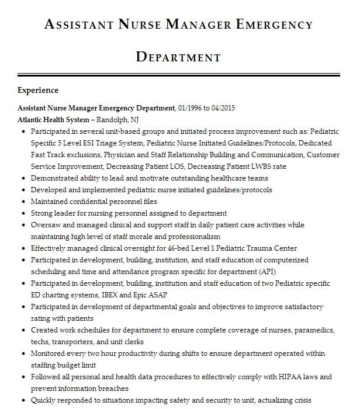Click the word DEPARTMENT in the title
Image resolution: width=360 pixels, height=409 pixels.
click(x=178, y=57)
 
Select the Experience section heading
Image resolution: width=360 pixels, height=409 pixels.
click(x=38, y=91)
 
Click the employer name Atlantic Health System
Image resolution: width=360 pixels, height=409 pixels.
click(x=53, y=120)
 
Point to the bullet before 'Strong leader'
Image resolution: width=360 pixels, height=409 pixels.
click(x=22, y=214)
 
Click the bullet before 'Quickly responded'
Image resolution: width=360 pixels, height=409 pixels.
click(x=22, y=401)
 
